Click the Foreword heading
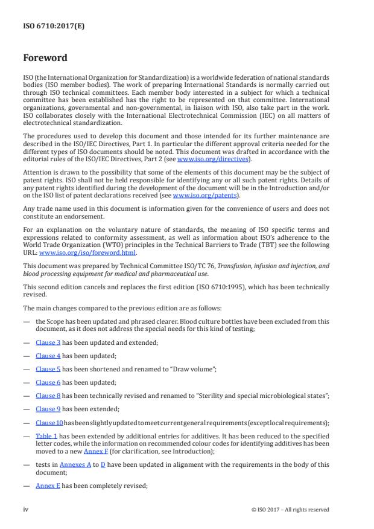[45, 59]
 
